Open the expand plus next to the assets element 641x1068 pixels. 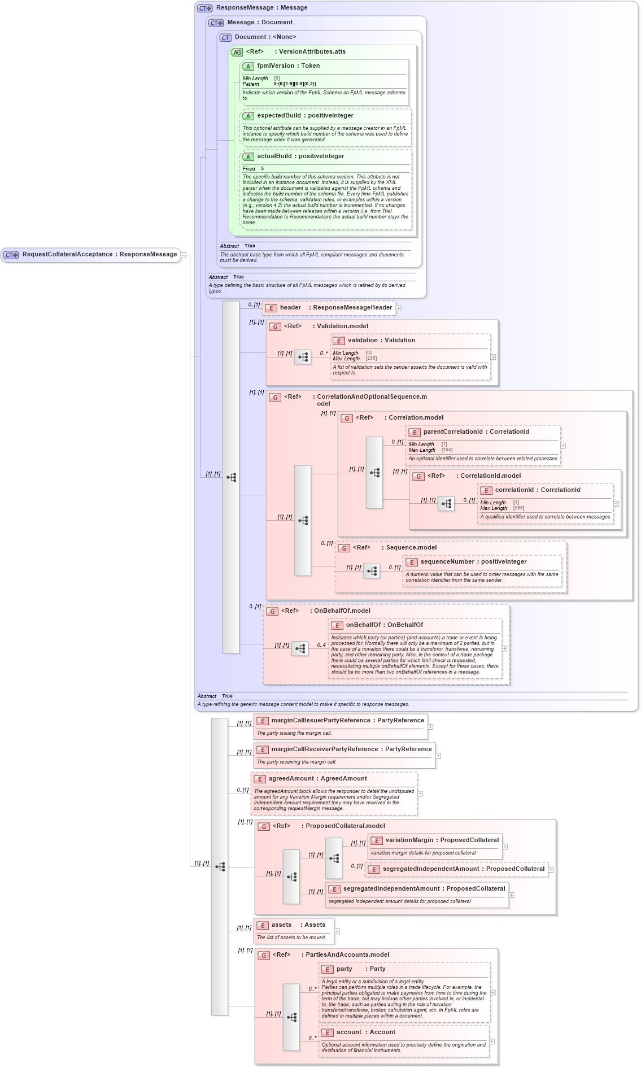pos(337,931)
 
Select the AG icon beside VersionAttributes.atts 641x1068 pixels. pos(237,52)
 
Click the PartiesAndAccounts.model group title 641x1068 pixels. pos(347,955)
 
